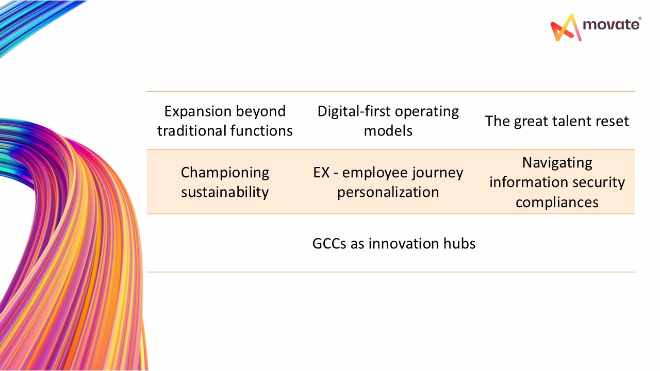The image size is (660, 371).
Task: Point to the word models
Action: point(388,131)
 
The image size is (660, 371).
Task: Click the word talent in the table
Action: point(555,121)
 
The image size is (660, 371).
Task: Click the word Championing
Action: point(225,173)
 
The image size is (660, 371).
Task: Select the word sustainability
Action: point(225,192)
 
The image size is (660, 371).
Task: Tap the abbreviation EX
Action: point(321,173)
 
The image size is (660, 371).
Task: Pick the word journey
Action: point(437,173)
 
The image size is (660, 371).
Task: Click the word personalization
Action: point(388,192)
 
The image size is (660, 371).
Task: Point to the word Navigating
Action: point(557,163)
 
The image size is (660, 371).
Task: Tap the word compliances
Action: point(557,202)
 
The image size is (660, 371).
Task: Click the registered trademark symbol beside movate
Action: point(640,19)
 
